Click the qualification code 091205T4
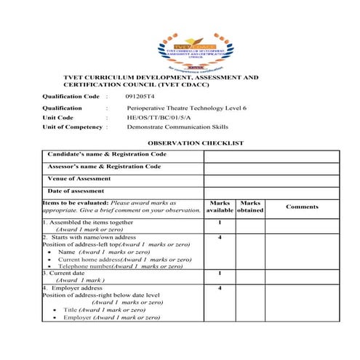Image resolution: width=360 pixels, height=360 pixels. [140, 96]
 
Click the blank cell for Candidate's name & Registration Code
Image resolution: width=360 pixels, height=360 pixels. [271, 155]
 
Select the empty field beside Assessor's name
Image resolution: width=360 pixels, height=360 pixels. [271, 167]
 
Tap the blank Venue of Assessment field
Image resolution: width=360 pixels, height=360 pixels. [271, 179]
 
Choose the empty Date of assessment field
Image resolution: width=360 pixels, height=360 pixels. [271, 191]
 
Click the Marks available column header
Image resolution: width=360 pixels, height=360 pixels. [219, 207]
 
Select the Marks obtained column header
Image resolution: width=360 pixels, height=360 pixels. [250, 207]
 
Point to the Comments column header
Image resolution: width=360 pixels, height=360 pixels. [302, 207]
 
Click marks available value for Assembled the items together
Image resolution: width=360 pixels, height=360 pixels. [219, 223]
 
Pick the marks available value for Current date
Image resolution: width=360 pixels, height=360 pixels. [219, 273]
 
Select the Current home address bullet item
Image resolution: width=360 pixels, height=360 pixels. [115, 259]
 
